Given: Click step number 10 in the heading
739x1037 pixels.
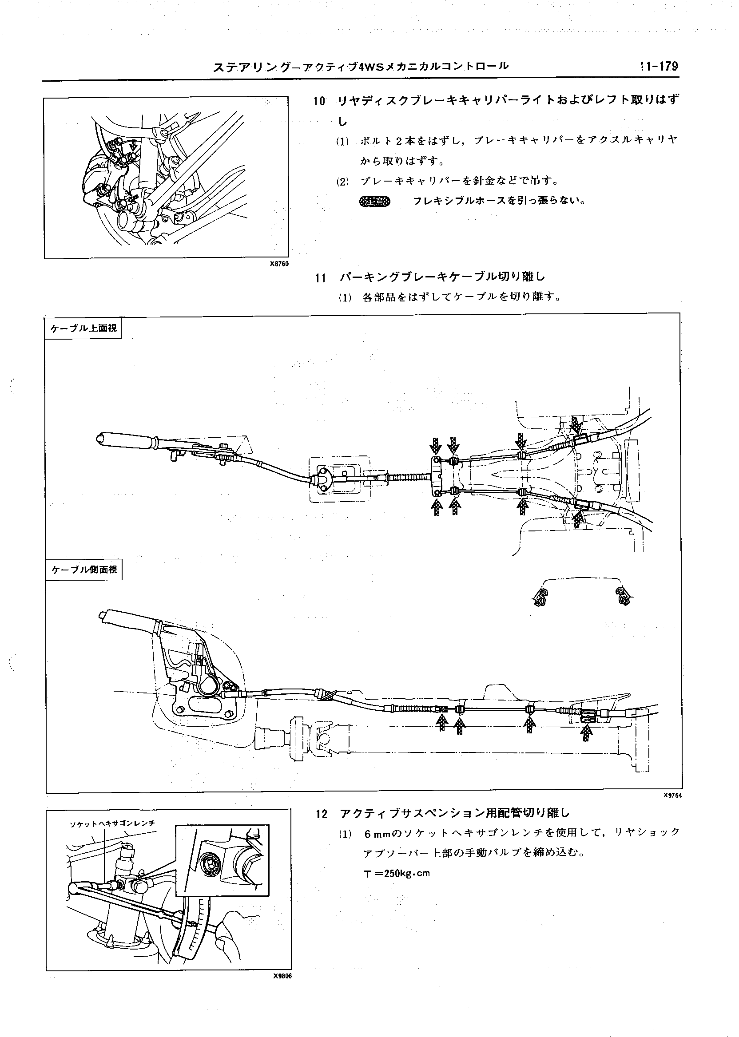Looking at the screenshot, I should click(319, 101).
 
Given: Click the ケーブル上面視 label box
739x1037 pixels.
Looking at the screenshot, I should click(84, 328).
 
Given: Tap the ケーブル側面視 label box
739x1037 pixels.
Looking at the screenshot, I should click(84, 569).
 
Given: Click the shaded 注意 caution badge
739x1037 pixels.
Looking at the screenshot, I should click(374, 202).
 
